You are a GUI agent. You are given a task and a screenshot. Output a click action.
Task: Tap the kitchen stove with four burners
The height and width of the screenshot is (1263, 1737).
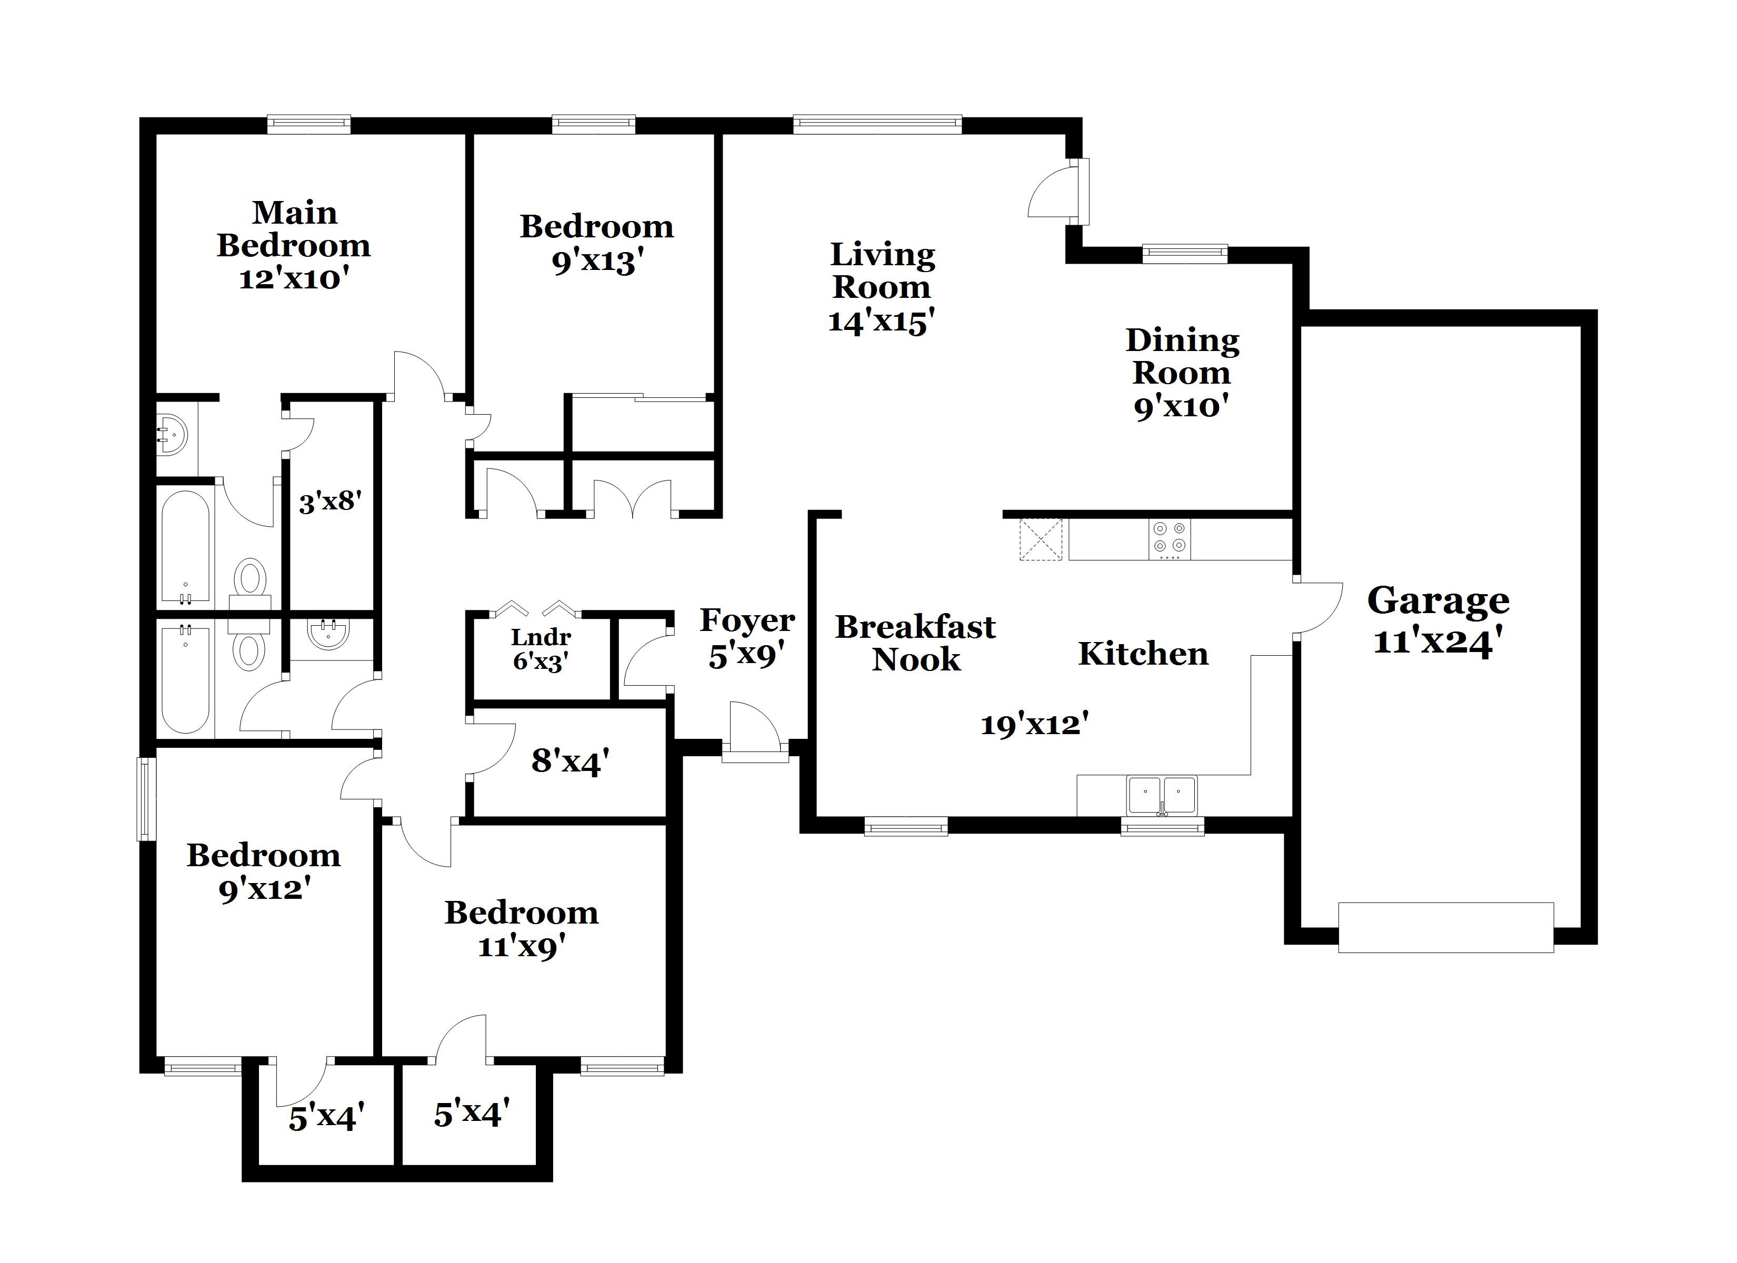(x=1170, y=538)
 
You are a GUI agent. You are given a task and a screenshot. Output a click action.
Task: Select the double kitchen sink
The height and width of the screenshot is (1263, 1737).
(x=1161, y=795)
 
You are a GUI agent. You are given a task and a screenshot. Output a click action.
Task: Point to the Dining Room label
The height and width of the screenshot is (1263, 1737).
(x=1182, y=357)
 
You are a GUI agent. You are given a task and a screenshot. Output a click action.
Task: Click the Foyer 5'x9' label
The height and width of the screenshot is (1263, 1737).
(x=747, y=638)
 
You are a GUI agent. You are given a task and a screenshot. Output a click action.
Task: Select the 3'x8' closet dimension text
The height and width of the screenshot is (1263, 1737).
(x=330, y=502)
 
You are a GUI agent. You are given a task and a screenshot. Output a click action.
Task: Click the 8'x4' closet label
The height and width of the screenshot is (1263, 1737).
(x=570, y=761)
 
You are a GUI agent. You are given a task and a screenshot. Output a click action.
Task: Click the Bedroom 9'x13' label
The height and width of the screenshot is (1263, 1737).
(x=596, y=244)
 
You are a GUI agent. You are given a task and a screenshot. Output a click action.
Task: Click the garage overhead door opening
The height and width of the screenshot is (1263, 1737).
(x=1445, y=928)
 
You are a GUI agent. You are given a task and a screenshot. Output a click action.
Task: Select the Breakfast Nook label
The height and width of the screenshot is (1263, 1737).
(x=915, y=644)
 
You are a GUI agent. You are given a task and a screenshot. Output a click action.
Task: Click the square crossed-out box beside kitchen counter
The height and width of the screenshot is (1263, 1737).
(x=1040, y=539)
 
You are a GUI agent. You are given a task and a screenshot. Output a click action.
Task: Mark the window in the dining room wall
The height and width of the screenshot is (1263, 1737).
(x=1184, y=254)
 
